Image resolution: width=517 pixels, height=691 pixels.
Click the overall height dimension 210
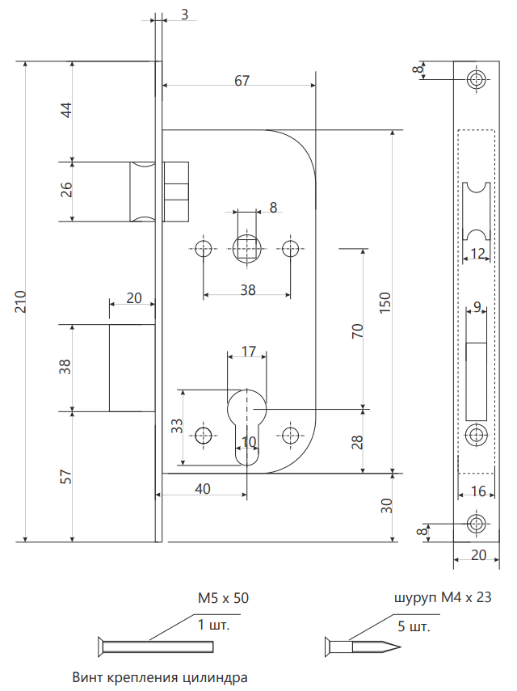coord(21,301)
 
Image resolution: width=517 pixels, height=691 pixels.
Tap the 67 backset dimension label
coord(242,81)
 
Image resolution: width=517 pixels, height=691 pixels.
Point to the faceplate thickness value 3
coord(184,15)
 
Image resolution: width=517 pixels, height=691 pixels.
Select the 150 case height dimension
coord(385,302)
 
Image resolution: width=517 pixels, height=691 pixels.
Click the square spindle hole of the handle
coord(246,248)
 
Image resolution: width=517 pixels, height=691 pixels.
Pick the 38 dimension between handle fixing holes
coord(248,290)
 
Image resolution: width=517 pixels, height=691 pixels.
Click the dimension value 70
coord(358,331)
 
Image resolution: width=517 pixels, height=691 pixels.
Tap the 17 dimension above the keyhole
coord(249,352)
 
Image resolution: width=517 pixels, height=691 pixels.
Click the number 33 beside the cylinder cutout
coord(177,426)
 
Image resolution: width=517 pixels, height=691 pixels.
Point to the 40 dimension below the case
coord(203,489)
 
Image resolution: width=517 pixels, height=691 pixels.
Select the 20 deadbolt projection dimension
coord(134,298)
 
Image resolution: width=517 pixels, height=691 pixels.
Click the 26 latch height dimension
coord(66,189)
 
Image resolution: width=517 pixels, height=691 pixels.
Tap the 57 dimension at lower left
coord(65,477)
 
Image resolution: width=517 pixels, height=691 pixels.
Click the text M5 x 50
coord(223,598)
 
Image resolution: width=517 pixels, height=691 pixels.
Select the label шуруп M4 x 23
coord(442,597)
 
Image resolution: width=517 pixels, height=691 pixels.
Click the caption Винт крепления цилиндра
coord(159,677)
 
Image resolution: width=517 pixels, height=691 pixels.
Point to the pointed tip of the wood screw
coord(400,647)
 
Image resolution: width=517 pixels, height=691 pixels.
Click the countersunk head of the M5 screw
coord(101,647)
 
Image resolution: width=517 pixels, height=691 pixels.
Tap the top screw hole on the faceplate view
coord(476,79)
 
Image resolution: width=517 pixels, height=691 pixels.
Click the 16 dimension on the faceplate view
coord(478,491)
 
